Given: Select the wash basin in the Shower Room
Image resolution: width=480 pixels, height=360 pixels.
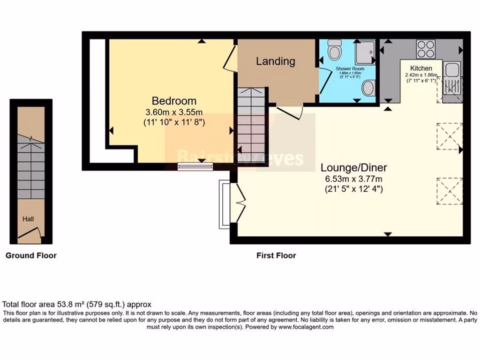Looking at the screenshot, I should [369, 88].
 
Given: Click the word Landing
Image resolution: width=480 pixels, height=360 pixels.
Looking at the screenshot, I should [275, 61].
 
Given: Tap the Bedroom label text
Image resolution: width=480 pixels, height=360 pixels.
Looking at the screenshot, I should [174, 101].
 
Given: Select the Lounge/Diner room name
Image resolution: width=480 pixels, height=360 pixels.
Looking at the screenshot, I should [354, 167].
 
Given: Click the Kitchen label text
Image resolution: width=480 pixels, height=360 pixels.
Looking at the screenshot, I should [421, 68].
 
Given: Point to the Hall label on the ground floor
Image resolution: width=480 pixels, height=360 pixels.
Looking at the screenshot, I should [28, 218].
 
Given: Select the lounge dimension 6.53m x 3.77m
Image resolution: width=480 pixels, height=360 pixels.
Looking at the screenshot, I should [354, 179].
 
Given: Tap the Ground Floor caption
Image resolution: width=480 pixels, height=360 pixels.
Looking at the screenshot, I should [31, 255].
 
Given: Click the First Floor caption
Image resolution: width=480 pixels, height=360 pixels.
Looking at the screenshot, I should [276, 255].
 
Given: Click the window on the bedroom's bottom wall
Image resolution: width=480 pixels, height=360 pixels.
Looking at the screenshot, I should [195, 166].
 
